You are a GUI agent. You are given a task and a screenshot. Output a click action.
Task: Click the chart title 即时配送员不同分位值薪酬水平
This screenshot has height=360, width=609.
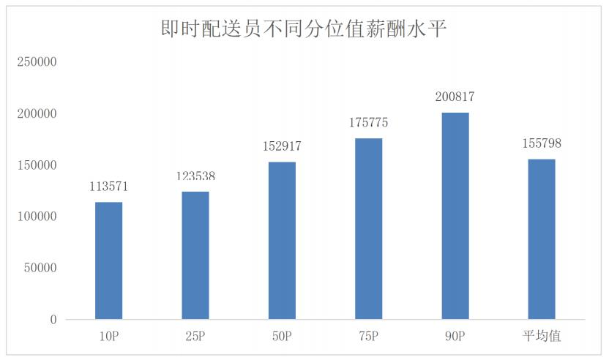click(x=304, y=29)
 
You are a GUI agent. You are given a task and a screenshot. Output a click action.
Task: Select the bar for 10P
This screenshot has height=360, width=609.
click(x=109, y=260)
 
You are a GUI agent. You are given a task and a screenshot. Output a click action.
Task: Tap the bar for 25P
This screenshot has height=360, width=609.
click(x=195, y=255)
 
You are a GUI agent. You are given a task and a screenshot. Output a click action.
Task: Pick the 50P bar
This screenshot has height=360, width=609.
click(x=282, y=241)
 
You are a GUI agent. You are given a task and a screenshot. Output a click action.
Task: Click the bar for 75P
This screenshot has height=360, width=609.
click(x=368, y=229)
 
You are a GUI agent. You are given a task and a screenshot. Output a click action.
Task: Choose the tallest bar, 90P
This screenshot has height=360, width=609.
click(x=455, y=216)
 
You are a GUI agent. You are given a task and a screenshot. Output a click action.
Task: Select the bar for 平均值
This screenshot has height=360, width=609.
click(x=542, y=239)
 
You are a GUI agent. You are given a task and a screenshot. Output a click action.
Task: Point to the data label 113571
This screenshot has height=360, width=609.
click(x=109, y=187)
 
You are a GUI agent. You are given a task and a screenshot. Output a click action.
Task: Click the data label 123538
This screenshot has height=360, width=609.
click(x=195, y=176)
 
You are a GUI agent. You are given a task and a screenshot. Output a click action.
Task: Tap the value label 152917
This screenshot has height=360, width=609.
click(x=282, y=146)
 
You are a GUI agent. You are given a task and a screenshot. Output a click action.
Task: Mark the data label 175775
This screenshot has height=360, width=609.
click(x=368, y=123)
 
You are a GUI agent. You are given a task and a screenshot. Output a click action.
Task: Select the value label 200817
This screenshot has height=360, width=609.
click(x=455, y=97)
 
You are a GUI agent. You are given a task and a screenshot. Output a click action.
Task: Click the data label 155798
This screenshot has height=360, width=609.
click(x=542, y=143)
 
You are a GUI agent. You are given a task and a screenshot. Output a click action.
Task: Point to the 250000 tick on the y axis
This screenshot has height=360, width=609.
click(x=37, y=63)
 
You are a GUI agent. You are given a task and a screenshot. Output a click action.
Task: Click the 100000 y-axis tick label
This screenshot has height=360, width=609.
click(x=37, y=217)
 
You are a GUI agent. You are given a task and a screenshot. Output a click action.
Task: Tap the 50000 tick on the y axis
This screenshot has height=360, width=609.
click(x=40, y=269)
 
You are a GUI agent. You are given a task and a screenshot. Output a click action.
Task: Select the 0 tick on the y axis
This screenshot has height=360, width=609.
click(x=53, y=320)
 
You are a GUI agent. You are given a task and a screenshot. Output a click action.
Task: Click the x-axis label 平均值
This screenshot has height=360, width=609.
click(x=542, y=336)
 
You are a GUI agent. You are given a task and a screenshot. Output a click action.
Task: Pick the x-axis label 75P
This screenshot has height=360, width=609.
click(x=368, y=336)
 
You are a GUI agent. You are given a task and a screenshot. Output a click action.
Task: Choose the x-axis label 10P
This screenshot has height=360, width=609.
click(x=109, y=336)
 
